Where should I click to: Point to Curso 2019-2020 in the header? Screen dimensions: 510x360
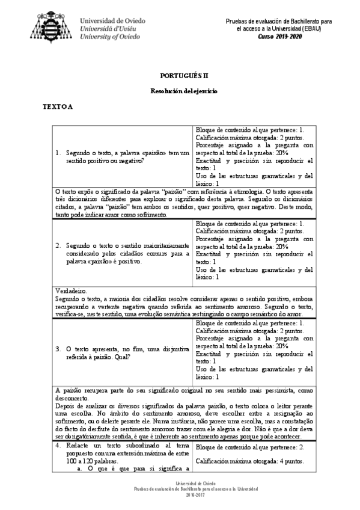click(281, 37)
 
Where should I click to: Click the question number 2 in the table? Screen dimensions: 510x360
click(57, 245)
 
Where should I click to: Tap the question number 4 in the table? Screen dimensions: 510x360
click(57, 446)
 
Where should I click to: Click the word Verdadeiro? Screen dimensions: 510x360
click(71, 289)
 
